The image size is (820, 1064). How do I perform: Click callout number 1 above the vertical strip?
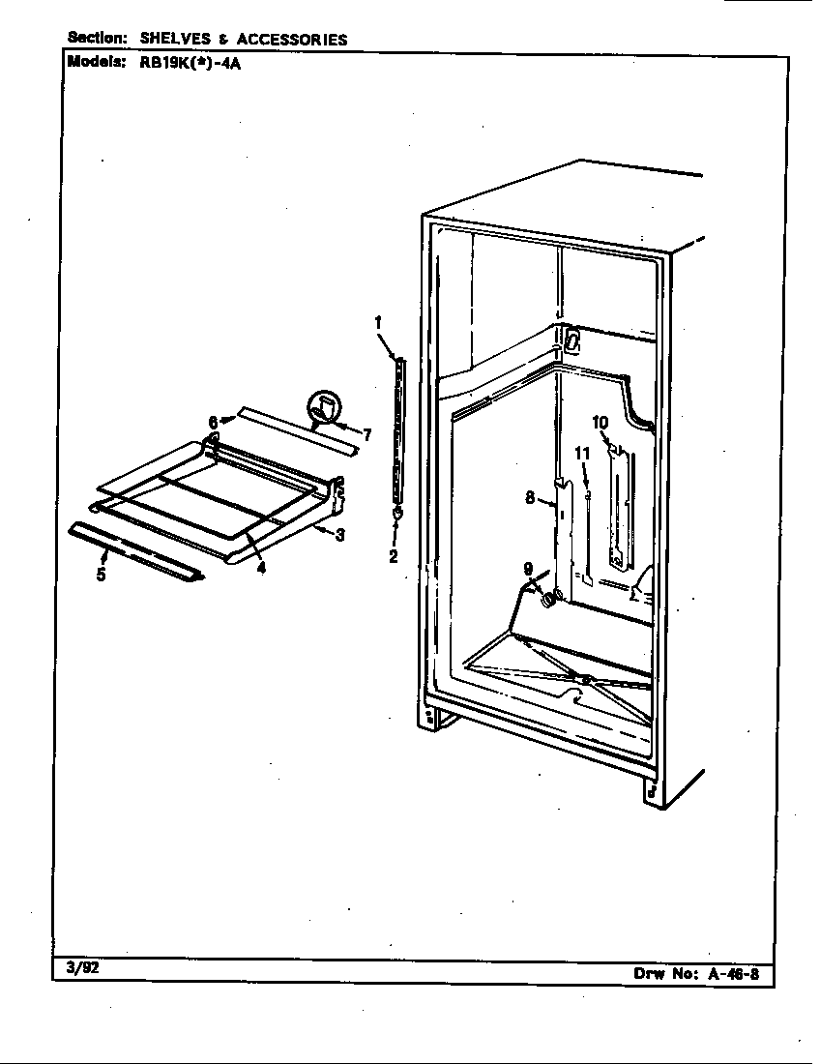tap(378, 323)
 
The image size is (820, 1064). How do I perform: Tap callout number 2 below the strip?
tap(394, 556)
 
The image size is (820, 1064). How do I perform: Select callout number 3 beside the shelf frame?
tap(339, 535)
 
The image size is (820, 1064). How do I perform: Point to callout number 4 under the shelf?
tap(261, 567)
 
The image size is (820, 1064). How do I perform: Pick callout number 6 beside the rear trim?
tap(213, 422)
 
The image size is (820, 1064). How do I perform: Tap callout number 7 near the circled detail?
tap(366, 435)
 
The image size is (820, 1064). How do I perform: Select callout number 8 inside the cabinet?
tap(530, 498)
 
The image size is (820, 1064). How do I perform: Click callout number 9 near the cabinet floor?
tap(528, 569)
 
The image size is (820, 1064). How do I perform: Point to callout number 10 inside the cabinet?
tap(600, 423)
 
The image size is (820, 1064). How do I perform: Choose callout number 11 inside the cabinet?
tap(583, 453)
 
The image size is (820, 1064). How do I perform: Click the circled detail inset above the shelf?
tap(324, 408)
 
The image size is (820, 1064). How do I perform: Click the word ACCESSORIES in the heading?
tap(292, 40)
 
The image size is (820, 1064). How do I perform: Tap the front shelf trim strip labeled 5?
tap(135, 552)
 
